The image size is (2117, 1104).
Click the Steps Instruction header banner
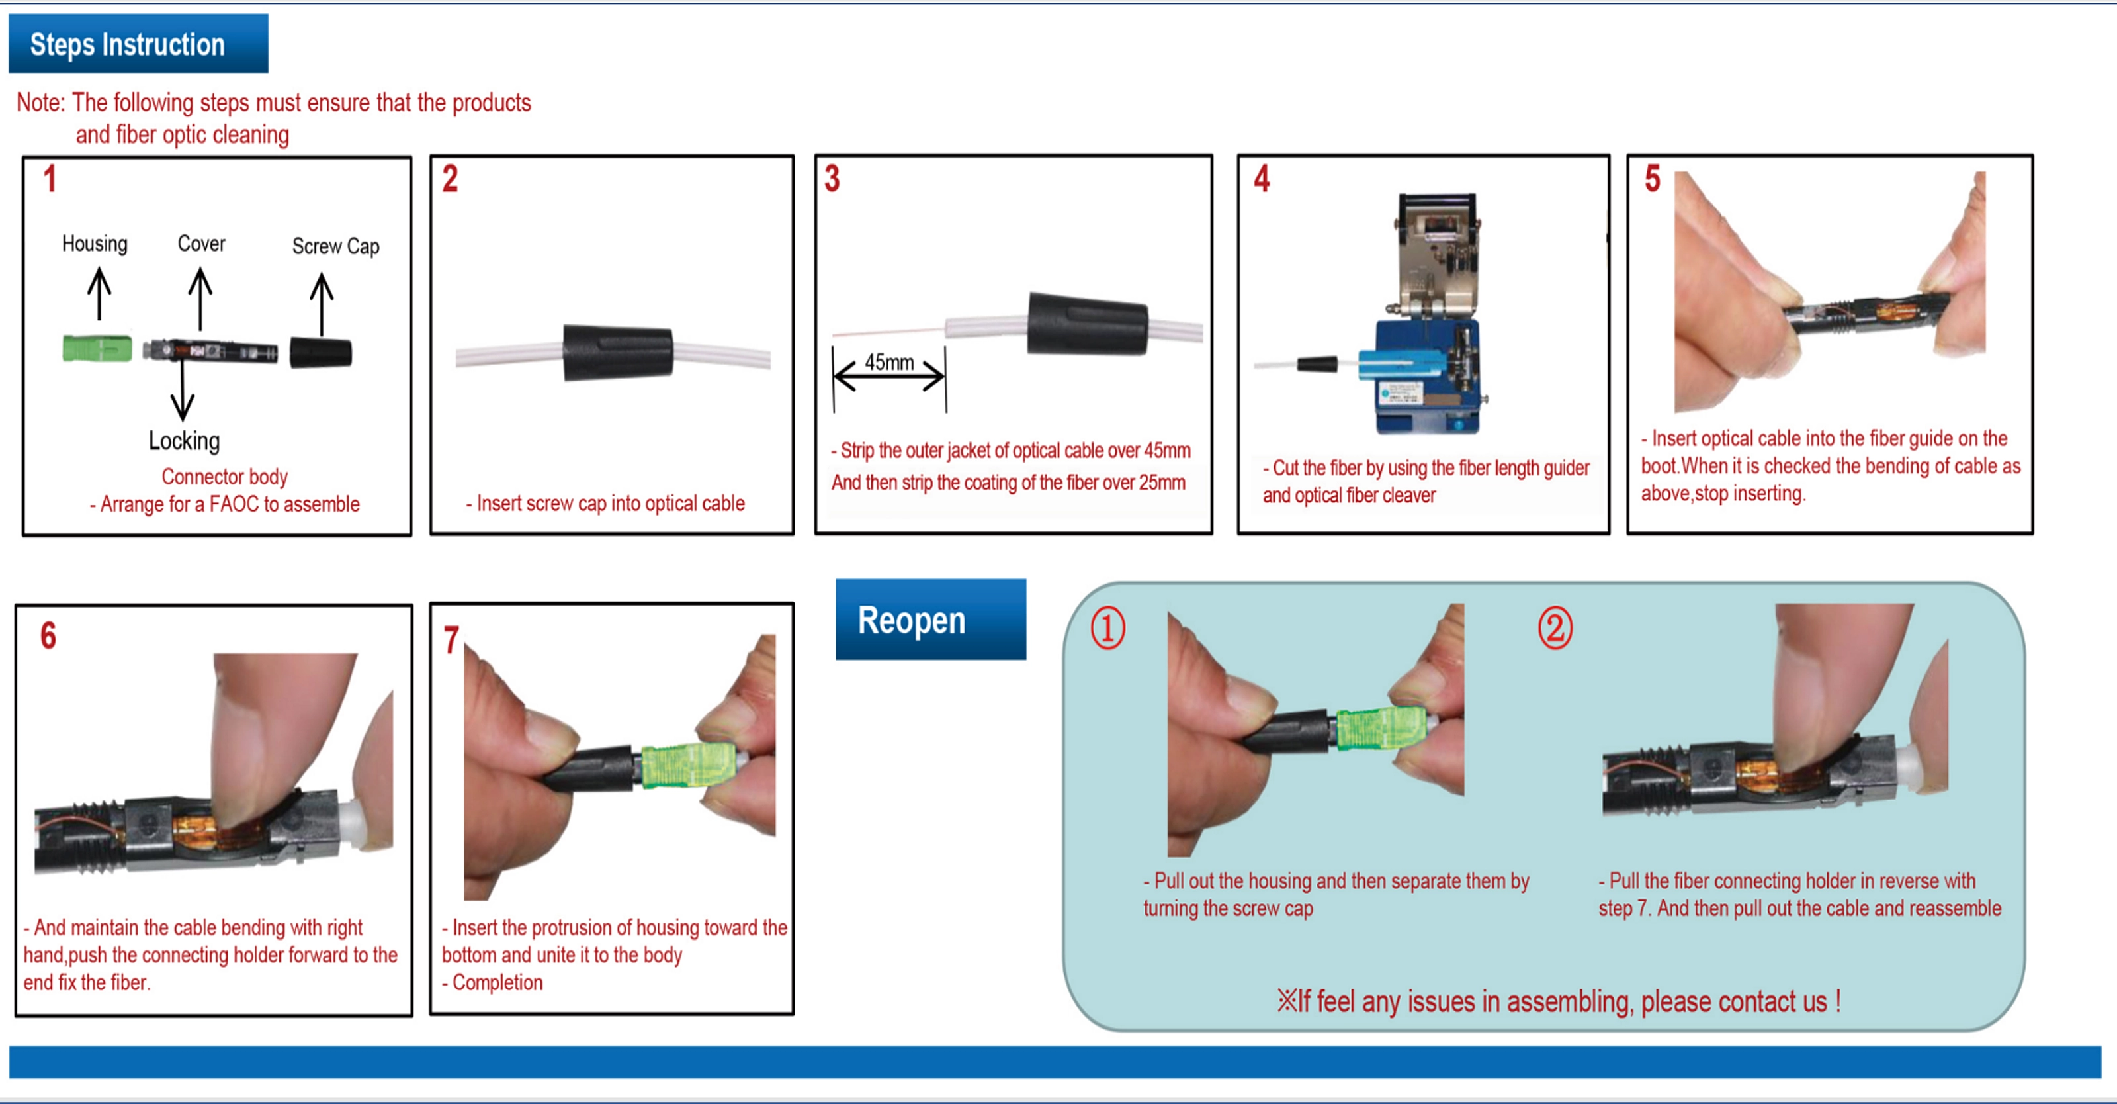[138, 44]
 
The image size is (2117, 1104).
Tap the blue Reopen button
[929, 620]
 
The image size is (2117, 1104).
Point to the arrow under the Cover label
[200, 299]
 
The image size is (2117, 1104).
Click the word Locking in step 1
[184, 441]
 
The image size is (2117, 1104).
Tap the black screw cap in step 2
[617, 353]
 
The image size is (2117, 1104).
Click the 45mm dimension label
[888, 363]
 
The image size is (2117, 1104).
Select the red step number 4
[1262, 179]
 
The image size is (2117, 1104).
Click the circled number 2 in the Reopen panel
[1555, 629]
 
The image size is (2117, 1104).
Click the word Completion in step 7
[497, 982]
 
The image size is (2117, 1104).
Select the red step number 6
[48, 635]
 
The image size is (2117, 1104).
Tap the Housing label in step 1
[95, 244]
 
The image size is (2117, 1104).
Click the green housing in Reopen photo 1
[1381, 727]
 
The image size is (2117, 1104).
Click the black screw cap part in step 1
[320, 353]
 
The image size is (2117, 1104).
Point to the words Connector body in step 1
[224, 477]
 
